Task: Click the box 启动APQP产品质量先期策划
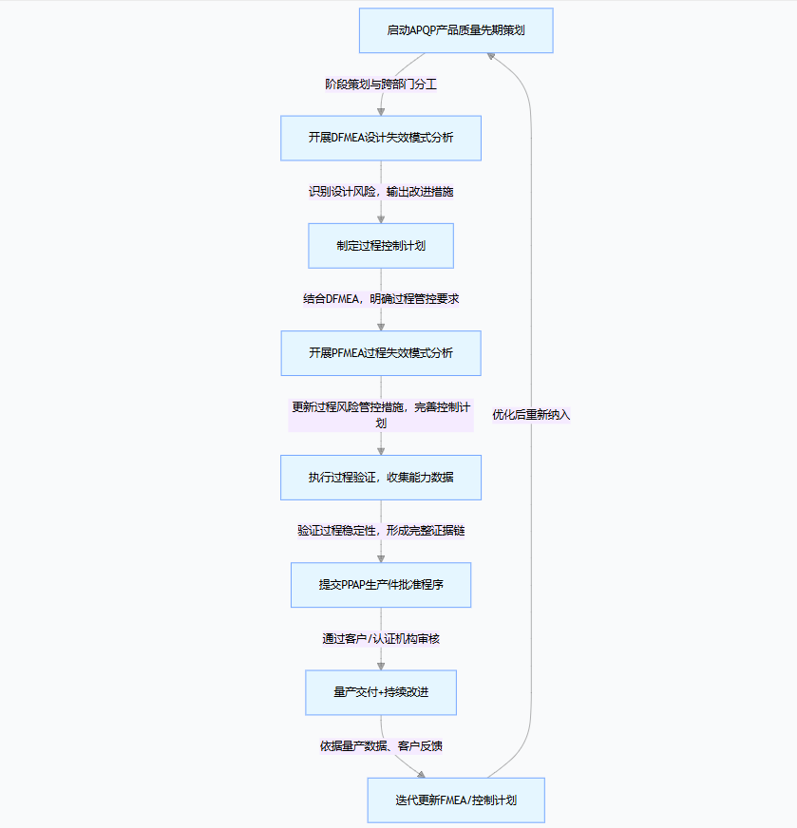tap(456, 30)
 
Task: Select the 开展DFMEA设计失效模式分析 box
tap(381, 138)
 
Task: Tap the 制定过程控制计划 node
tap(381, 246)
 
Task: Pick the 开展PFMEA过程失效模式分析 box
tap(381, 353)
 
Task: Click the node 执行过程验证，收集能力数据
tap(381, 478)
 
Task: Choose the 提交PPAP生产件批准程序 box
tap(381, 585)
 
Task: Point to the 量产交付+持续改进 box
tap(381, 692)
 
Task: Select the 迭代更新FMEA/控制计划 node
tap(456, 800)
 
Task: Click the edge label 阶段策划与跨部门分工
tap(381, 84)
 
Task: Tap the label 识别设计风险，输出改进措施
tap(381, 192)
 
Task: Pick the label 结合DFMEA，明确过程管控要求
tap(381, 299)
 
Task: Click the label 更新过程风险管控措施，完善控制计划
tap(381, 415)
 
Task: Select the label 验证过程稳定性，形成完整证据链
tap(381, 531)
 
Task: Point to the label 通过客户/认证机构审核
tap(381, 639)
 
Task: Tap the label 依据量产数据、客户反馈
tap(381, 746)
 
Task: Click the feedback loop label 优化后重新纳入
tap(531, 415)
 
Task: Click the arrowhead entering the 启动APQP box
tap(491, 56)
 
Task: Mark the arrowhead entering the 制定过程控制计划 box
tap(381, 218)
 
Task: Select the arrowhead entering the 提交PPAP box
tap(381, 557)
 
